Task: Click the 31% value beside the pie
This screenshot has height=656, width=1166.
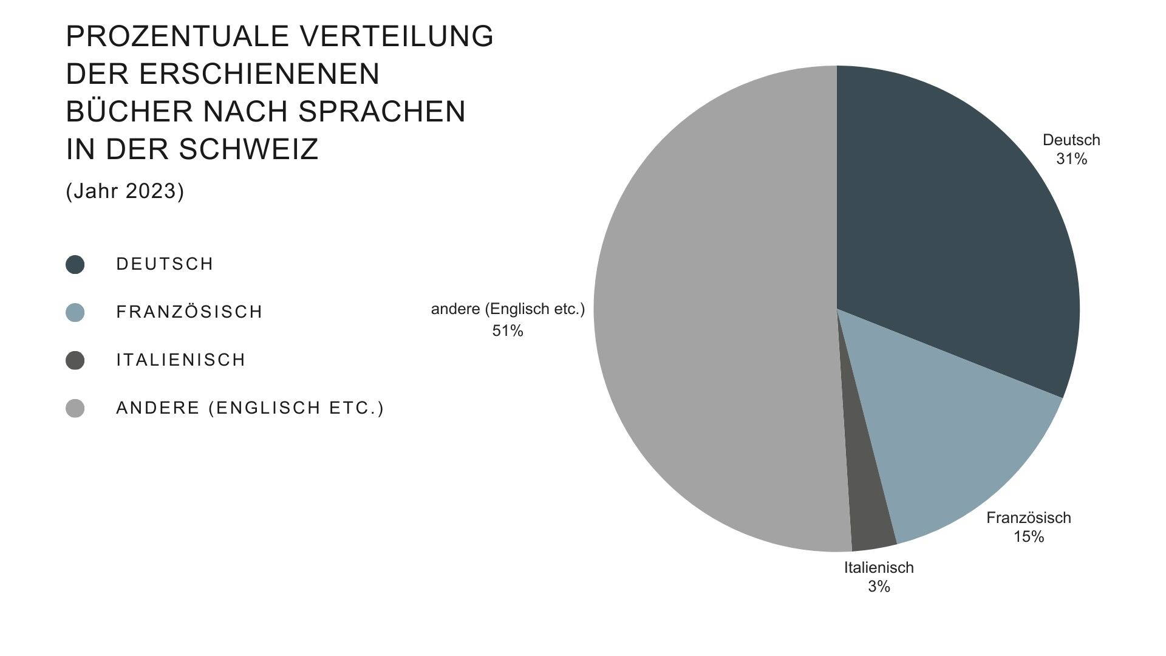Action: tap(1071, 159)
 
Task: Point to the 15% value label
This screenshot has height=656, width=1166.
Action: tap(1029, 537)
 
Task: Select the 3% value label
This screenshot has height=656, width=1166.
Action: tap(879, 587)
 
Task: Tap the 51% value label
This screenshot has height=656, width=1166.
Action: tap(508, 331)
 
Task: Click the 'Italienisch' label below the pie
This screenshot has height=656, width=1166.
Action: tap(879, 568)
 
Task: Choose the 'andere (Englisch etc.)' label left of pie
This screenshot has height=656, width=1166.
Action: tap(508, 309)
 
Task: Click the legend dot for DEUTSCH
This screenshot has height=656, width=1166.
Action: tap(75, 264)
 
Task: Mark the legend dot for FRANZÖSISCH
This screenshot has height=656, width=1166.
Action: tap(75, 312)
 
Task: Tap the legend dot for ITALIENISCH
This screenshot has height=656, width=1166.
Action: tap(75, 360)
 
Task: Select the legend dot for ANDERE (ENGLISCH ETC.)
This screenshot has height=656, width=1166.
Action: tap(75, 408)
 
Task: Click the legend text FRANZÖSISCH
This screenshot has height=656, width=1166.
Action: tap(189, 312)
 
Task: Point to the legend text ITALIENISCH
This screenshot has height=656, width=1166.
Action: tap(181, 360)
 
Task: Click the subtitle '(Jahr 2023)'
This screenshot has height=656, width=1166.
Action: tap(125, 191)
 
